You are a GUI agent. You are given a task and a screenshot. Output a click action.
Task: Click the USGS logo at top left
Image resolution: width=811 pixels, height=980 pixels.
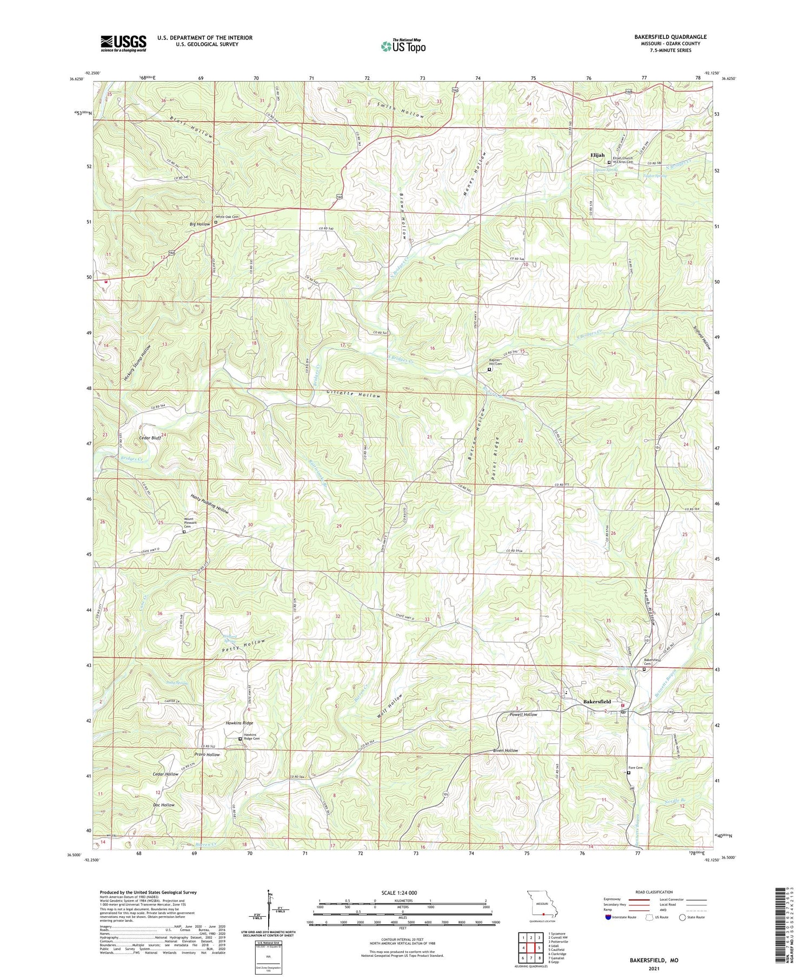click(123, 43)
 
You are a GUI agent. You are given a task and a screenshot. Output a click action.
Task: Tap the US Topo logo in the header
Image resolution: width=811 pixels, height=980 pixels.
click(403, 46)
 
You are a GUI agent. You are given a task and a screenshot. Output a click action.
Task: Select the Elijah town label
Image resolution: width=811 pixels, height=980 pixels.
click(597, 155)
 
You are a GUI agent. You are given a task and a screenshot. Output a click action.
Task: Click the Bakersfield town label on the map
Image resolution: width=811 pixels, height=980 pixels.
click(597, 702)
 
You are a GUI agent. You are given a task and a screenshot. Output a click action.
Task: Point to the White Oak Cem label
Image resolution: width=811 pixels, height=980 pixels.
click(228, 217)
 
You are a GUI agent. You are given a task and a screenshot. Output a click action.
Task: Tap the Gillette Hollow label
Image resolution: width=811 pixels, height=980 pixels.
click(354, 395)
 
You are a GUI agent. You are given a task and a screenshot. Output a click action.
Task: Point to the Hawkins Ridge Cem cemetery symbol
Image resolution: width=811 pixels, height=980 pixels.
click(240, 739)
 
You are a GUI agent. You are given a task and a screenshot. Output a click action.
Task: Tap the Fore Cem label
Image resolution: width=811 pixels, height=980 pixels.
click(635, 768)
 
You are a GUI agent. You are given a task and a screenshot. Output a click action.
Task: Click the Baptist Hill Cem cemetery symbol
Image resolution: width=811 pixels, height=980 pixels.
click(489, 370)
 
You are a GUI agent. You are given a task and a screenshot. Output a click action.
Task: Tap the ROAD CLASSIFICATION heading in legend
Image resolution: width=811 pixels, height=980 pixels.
click(654, 892)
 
